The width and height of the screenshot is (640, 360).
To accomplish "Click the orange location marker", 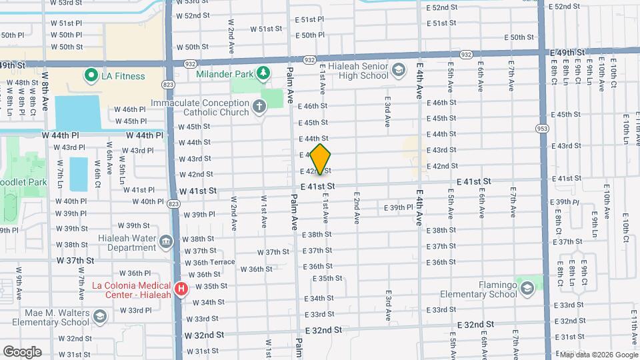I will pyautogui.click(x=321, y=159).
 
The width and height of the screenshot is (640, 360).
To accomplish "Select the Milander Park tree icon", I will pyautogui.click(x=264, y=72).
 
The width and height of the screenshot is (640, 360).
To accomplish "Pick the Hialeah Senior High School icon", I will pyautogui.click(x=399, y=69).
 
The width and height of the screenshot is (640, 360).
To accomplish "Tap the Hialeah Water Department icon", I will pyautogui.click(x=167, y=241).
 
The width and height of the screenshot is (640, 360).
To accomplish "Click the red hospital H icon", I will pyautogui.click(x=180, y=288).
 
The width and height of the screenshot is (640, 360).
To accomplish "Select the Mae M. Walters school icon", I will pyautogui.click(x=100, y=315).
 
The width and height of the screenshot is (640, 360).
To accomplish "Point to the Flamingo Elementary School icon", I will pyautogui.click(x=527, y=288).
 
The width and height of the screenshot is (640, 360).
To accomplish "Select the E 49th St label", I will pyautogui.click(x=567, y=52).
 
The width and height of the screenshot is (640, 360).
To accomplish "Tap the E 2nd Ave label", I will pyautogui.click(x=357, y=209).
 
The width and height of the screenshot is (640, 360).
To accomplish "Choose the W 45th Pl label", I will pyautogui.click(x=130, y=121).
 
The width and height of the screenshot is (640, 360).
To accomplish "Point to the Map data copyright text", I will pyautogui.click(x=597, y=354).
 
